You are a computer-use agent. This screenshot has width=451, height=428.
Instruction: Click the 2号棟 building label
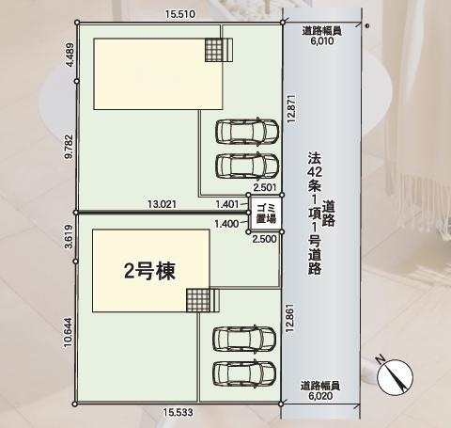click(x=151, y=270)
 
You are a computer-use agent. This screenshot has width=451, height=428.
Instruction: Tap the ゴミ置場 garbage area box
click(x=265, y=214)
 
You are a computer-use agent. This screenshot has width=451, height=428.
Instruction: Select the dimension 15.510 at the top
click(x=179, y=15)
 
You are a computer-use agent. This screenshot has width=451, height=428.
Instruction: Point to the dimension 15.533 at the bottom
click(x=179, y=412)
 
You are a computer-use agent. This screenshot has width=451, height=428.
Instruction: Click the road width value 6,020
click(x=320, y=396)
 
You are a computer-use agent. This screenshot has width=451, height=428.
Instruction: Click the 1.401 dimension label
click(x=226, y=202)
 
